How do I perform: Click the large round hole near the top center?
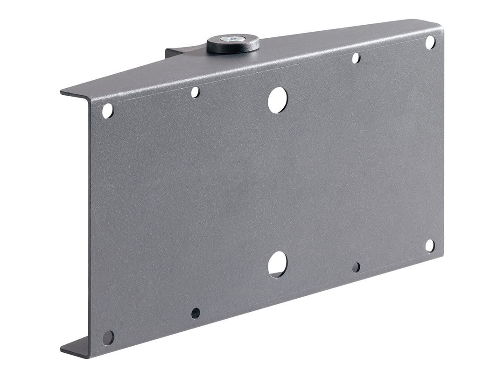click(x=278, y=99)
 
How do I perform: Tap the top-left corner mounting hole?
click(x=108, y=111)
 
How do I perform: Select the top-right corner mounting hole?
click(x=430, y=42)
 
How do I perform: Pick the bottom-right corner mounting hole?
click(x=430, y=246)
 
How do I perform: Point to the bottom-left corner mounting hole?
click(x=108, y=337)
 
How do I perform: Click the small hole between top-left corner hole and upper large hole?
click(x=196, y=92)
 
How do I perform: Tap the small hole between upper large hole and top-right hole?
click(x=356, y=58)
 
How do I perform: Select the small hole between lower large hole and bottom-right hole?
click(x=356, y=267)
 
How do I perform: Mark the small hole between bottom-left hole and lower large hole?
click(x=196, y=313)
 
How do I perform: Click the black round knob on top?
click(x=233, y=45)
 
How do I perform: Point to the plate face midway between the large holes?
click(x=278, y=182)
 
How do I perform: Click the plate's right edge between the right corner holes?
click(x=442, y=145)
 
